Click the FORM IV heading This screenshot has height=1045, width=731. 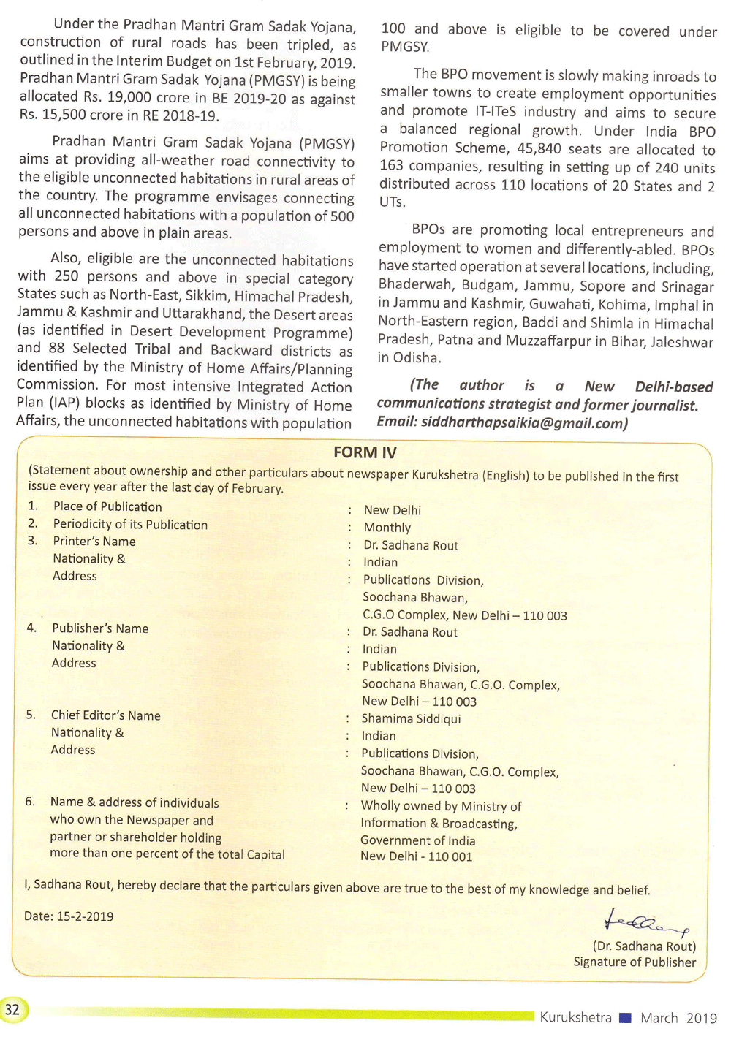click(365, 452)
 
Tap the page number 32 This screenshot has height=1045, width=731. click(12, 1010)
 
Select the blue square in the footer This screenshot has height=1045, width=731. click(624, 1017)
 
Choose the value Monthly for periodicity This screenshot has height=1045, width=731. click(387, 528)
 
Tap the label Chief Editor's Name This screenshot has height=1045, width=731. click(105, 715)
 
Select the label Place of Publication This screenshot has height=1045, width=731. click(107, 506)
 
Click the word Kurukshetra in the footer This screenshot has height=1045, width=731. click(575, 1017)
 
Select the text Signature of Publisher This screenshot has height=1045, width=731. click(635, 962)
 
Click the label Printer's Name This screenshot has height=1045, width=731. click(94, 541)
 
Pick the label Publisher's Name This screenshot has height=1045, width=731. click(100, 628)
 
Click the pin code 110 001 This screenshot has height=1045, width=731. click(450, 856)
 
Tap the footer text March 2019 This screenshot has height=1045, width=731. click(678, 1017)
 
